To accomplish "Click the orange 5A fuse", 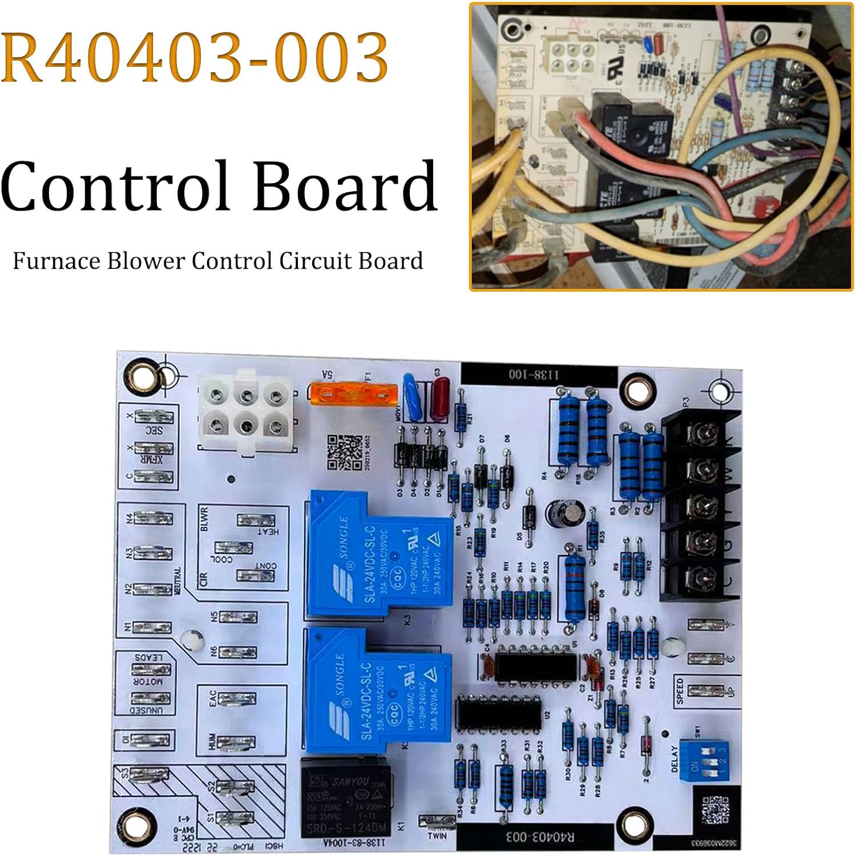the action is click(354, 393).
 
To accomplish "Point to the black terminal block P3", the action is click(701, 506).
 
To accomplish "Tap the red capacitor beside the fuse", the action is click(439, 393).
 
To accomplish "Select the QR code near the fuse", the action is click(345, 451).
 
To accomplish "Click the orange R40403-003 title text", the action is click(195, 57).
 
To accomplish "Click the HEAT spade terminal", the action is click(256, 520).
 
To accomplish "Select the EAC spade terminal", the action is click(236, 699).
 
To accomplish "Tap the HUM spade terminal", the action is click(236, 742).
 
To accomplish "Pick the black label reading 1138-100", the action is click(534, 374).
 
